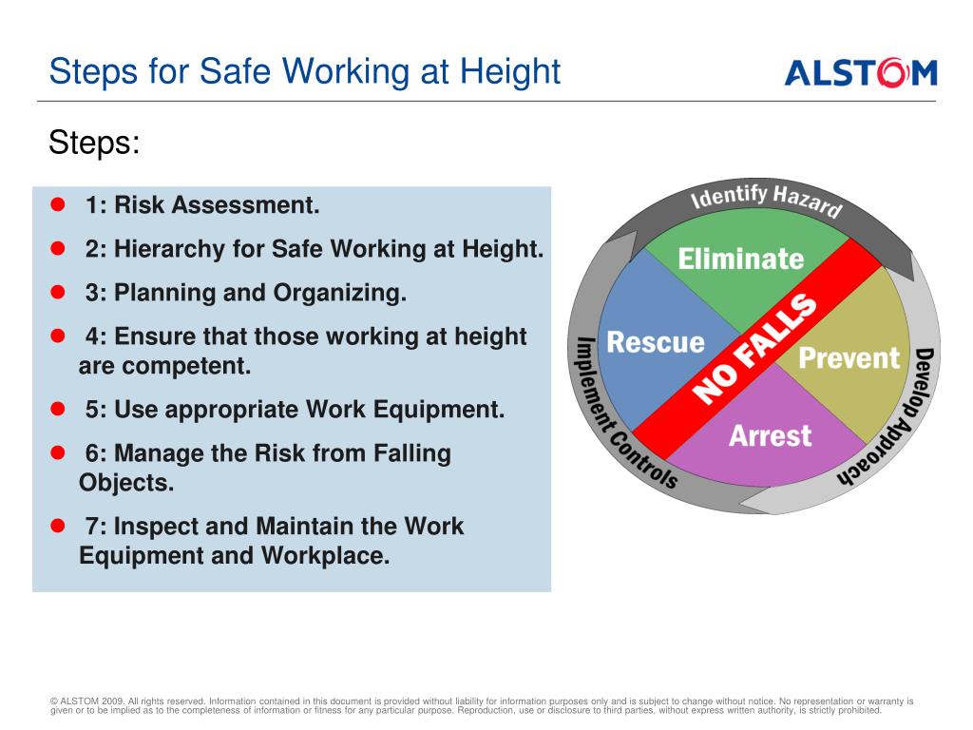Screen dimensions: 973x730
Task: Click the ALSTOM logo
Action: click(x=861, y=72)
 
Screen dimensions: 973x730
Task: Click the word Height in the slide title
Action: click(x=509, y=70)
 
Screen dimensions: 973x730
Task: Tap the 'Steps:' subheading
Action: click(x=94, y=143)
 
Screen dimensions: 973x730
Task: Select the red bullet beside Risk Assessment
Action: click(x=58, y=204)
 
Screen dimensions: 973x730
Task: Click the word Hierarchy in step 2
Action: click(x=169, y=249)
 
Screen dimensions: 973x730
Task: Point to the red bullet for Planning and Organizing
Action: click(x=58, y=292)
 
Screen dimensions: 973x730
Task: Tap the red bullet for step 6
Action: click(x=58, y=452)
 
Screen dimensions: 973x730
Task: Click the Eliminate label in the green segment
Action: click(x=741, y=259)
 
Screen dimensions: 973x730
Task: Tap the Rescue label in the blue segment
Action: click(x=656, y=342)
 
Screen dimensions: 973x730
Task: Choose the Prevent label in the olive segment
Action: click(x=849, y=357)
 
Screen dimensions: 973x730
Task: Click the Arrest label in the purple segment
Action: click(x=770, y=435)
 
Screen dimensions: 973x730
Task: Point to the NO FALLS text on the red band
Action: click(x=754, y=348)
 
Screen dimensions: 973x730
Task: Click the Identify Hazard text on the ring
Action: click(x=767, y=200)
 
